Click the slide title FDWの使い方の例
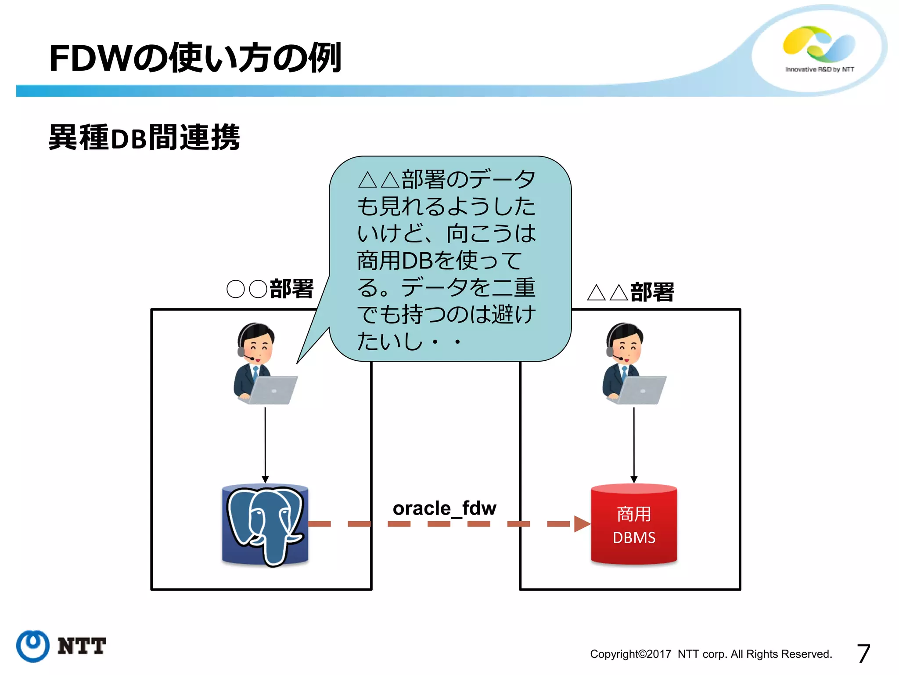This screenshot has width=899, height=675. point(195,58)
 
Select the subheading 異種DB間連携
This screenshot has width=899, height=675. point(144,138)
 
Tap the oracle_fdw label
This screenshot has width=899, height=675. point(444,508)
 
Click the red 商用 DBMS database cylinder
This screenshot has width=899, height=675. point(633,525)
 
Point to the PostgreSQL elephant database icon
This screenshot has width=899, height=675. point(265,525)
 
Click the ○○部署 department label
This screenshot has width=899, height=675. point(270,289)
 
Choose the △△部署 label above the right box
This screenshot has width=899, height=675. point(630,292)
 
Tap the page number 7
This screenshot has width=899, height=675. point(863,653)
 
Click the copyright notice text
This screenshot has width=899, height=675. point(711,654)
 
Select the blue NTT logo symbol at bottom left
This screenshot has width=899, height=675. point(33,646)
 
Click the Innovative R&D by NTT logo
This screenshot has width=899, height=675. point(819,48)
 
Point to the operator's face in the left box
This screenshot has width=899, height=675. point(259,347)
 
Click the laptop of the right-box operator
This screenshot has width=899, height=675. point(642,390)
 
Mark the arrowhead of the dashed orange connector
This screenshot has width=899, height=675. point(582,524)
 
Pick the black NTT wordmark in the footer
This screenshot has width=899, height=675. point(82,646)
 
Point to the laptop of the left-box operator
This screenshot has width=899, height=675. point(273,390)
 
